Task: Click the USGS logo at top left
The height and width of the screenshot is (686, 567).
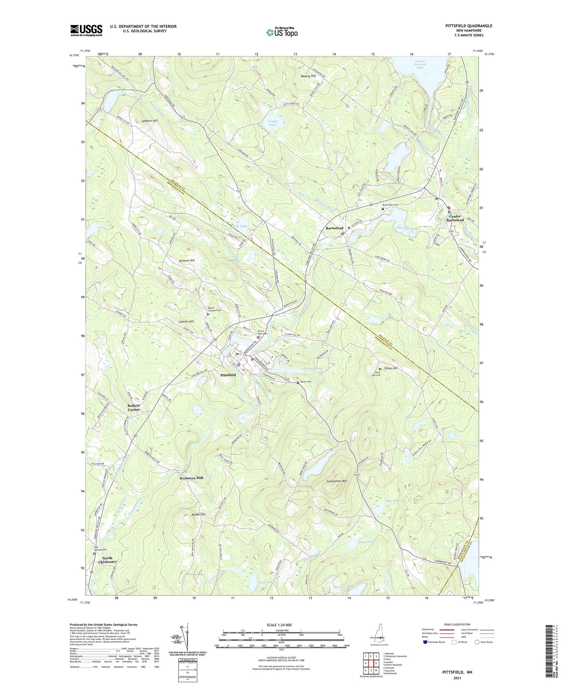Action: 86,30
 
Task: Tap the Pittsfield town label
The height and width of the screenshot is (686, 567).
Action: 228,375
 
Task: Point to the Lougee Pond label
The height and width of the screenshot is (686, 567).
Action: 273,123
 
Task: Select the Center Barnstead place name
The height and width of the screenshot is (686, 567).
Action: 455,218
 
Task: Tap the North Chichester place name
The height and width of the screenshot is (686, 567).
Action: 107,560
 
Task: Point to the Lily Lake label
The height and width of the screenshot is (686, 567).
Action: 240,226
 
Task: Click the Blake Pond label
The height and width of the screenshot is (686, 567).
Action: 366,542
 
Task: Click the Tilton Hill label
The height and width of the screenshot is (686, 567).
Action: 390,368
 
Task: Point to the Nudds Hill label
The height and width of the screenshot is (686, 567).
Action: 198,514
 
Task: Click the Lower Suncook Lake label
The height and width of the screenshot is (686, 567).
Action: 420,65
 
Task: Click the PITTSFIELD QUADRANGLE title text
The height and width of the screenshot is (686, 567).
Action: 469,26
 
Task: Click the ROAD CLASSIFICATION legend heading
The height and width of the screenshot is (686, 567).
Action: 457,625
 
